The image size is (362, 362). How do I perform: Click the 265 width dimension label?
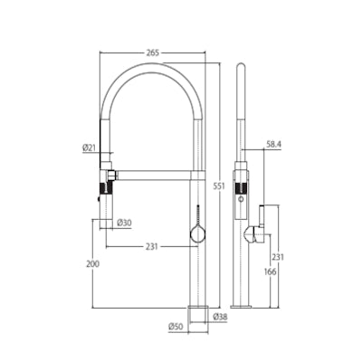[151, 52]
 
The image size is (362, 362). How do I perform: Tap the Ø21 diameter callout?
[89, 147]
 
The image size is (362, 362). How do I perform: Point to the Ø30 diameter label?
[126, 223]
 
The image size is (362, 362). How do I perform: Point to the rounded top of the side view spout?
[242, 70]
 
